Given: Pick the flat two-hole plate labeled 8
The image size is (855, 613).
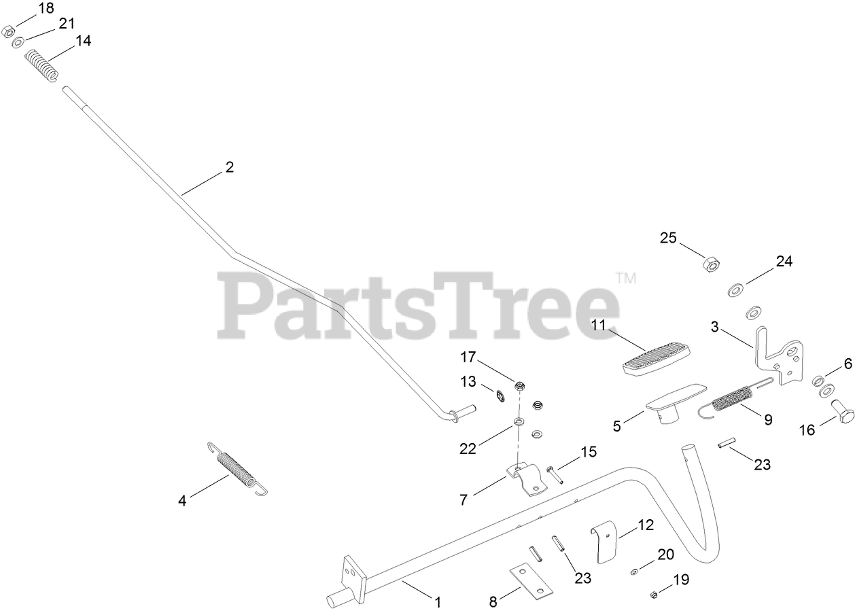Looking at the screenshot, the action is [528, 580].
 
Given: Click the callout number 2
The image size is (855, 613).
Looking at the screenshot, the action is [230, 167].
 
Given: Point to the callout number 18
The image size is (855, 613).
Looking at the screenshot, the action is [46, 9].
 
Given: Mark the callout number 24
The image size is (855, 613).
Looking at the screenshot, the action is [784, 261].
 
